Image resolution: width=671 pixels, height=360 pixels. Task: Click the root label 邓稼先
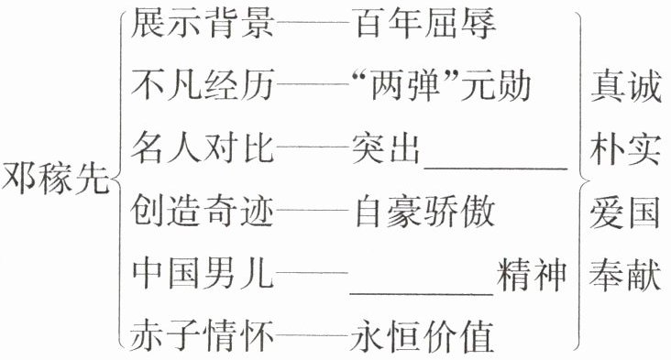pyautogui.click(x=55, y=178)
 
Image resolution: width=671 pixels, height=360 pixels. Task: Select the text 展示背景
pyautogui.click(x=202, y=22)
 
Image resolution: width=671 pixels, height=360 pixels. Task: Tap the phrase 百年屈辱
pyautogui.click(x=425, y=22)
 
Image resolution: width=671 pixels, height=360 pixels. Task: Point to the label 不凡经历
pyautogui.click(x=202, y=84)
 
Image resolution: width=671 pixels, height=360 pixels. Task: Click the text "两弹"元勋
pyautogui.click(x=441, y=84)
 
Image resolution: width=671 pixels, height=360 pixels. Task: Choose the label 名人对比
pyautogui.click(x=202, y=147)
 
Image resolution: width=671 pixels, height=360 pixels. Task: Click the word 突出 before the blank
pyautogui.click(x=386, y=147)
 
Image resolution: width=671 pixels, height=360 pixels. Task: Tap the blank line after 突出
pyautogui.click(x=496, y=169)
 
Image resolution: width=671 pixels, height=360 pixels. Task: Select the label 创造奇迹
pyautogui.click(x=202, y=211)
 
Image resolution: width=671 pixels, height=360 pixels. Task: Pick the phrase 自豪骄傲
pyautogui.click(x=425, y=211)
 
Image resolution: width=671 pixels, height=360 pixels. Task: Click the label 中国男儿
pyautogui.click(x=202, y=273)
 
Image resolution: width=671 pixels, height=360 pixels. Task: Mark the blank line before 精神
pyautogui.click(x=422, y=294)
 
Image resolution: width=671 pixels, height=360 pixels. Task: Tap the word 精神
pyautogui.click(x=532, y=273)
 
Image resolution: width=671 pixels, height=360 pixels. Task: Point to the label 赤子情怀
pyautogui.click(x=202, y=335)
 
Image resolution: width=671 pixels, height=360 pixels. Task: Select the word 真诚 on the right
pyautogui.click(x=626, y=86)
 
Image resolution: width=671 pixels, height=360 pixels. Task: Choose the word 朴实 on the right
pyautogui.click(x=626, y=149)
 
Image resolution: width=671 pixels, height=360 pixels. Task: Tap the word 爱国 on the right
pyautogui.click(x=625, y=213)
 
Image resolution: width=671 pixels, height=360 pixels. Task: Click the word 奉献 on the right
pyautogui.click(x=625, y=274)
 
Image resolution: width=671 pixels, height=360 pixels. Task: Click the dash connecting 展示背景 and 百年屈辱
pyautogui.click(x=313, y=22)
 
